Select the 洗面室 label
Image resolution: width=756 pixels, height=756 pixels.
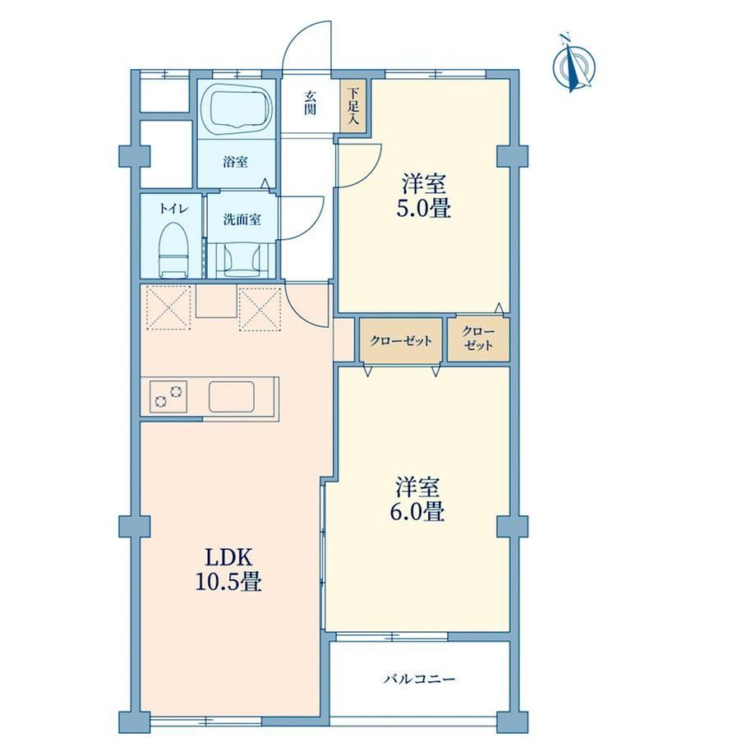(242, 220)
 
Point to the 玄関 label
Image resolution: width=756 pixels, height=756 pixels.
(310, 104)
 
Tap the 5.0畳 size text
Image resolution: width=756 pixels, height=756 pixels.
(424, 210)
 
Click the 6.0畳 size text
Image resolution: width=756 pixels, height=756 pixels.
(417, 512)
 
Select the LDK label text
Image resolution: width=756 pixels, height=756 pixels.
(228, 558)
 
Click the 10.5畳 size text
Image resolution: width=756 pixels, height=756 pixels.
(228, 582)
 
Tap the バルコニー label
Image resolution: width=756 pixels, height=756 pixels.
(419, 680)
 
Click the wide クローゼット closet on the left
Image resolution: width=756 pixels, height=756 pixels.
(401, 340)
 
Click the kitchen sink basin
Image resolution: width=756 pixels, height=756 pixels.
(232, 396)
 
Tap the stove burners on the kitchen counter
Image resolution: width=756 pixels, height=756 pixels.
(168, 396)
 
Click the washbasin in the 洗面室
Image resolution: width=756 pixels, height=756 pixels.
(242, 260)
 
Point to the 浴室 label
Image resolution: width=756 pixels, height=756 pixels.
(235, 162)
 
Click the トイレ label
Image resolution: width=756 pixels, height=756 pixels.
(173, 209)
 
